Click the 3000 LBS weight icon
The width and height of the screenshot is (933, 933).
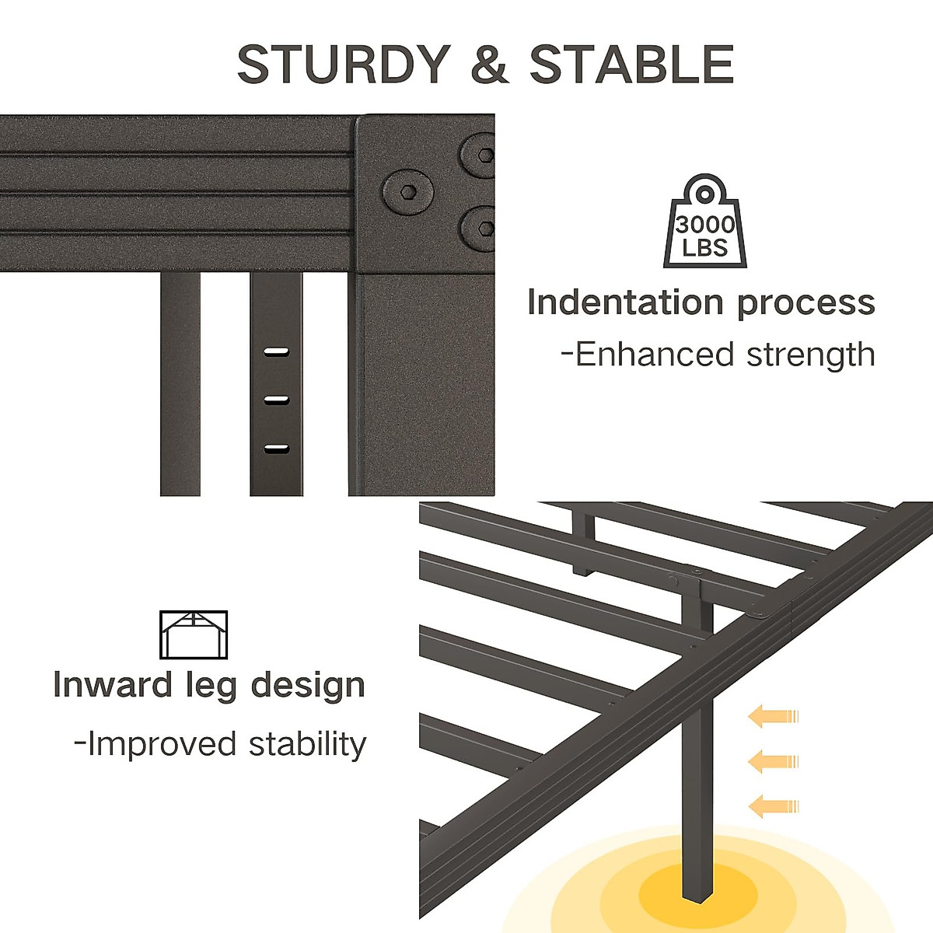click(x=704, y=222)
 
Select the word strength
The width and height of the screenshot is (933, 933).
click(x=811, y=355)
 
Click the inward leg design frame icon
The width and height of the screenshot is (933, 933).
click(x=194, y=635)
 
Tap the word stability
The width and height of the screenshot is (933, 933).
click(x=307, y=744)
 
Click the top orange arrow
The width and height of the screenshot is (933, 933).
click(x=773, y=716)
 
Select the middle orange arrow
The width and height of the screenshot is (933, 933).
click(x=773, y=761)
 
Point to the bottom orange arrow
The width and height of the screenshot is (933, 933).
click(x=773, y=806)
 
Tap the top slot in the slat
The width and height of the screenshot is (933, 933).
click(x=276, y=352)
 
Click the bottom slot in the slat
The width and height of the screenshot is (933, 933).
click(x=276, y=449)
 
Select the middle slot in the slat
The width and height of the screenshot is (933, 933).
click(x=276, y=400)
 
